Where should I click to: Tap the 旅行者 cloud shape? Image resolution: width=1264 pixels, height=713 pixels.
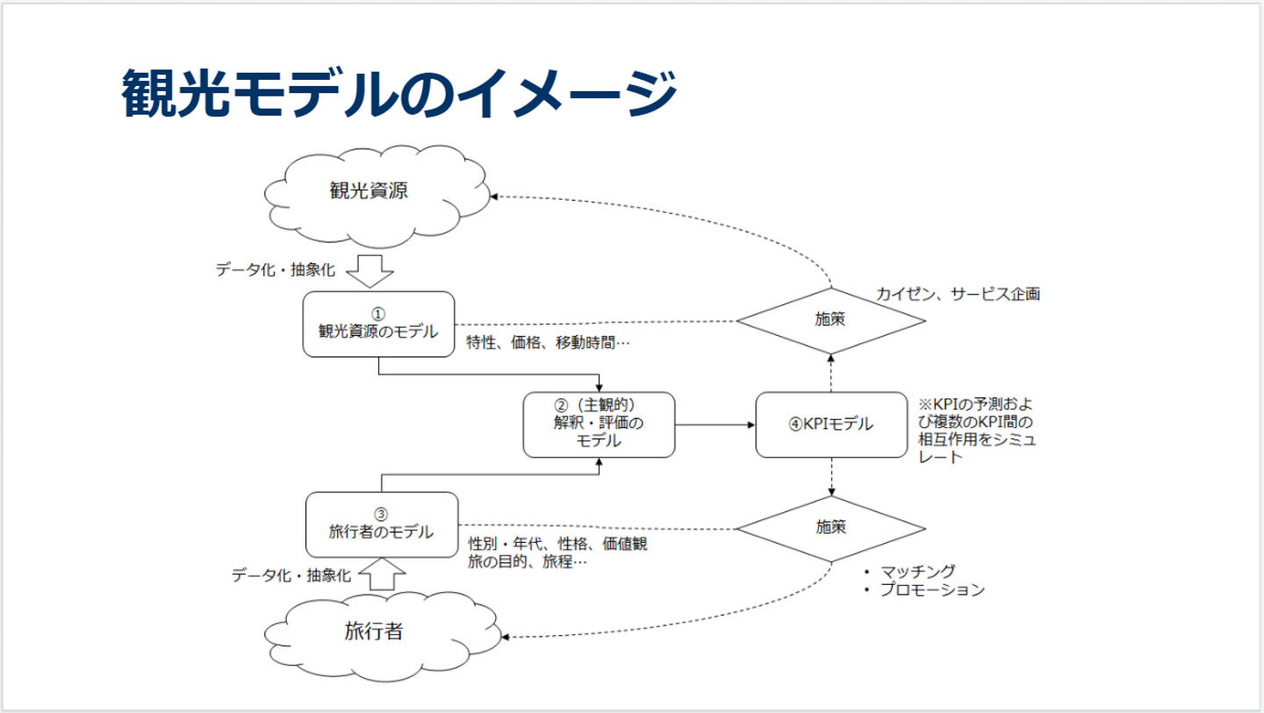tap(374, 631)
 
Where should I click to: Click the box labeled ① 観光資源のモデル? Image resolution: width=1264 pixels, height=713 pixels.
tap(378, 324)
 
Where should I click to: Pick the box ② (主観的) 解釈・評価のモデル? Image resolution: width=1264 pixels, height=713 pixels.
tap(599, 424)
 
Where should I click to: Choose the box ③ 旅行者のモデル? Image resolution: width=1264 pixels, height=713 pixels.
tap(381, 524)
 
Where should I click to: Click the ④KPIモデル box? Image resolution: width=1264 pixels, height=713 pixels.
tap(830, 424)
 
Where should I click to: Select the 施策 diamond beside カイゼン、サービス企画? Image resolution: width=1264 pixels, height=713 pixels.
tap(830, 320)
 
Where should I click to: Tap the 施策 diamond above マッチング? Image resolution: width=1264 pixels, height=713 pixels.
tap(830, 527)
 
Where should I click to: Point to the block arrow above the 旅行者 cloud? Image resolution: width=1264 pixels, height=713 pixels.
tap(383, 575)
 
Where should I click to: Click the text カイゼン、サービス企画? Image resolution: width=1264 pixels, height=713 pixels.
tap(958, 295)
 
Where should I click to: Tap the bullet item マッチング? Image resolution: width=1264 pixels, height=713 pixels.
tap(917, 571)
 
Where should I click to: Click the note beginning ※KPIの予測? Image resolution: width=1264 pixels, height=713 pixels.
tap(976, 431)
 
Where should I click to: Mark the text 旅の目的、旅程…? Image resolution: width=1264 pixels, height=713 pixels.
tap(527, 562)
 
